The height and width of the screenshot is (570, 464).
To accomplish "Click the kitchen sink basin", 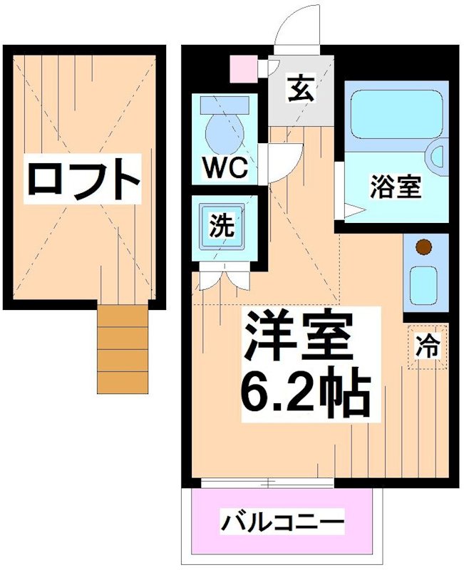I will pos(425,284).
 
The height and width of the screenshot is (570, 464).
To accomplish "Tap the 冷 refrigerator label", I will pos(428,347).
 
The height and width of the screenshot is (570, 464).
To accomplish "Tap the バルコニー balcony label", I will pos(282,523).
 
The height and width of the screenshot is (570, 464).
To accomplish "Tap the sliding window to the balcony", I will pos(267,483).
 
